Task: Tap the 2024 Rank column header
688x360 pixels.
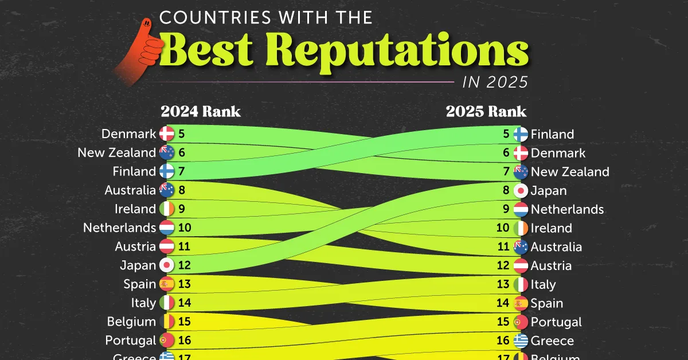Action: (x=201, y=111)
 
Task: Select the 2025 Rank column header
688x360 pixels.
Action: (x=486, y=111)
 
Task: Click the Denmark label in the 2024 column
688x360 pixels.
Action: (x=128, y=134)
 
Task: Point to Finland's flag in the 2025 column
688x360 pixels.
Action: (x=521, y=134)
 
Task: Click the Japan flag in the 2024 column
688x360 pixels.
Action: (x=167, y=265)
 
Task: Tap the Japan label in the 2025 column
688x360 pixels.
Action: (x=549, y=191)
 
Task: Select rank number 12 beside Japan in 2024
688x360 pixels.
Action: (x=184, y=265)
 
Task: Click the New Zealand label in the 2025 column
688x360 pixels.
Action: (x=570, y=172)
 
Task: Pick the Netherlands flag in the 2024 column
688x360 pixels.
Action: (x=167, y=228)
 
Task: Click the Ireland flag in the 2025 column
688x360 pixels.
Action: (x=521, y=228)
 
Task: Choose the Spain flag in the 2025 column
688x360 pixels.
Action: (x=521, y=303)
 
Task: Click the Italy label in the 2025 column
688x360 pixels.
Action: (x=544, y=284)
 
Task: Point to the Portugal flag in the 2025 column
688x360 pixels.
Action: (x=521, y=322)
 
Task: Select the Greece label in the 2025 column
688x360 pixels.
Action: (x=552, y=341)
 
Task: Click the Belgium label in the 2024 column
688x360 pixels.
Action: (x=131, y=321)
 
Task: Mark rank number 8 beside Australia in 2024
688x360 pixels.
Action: (x=181, y=190)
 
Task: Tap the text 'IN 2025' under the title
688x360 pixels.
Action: (x=495, y=82)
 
